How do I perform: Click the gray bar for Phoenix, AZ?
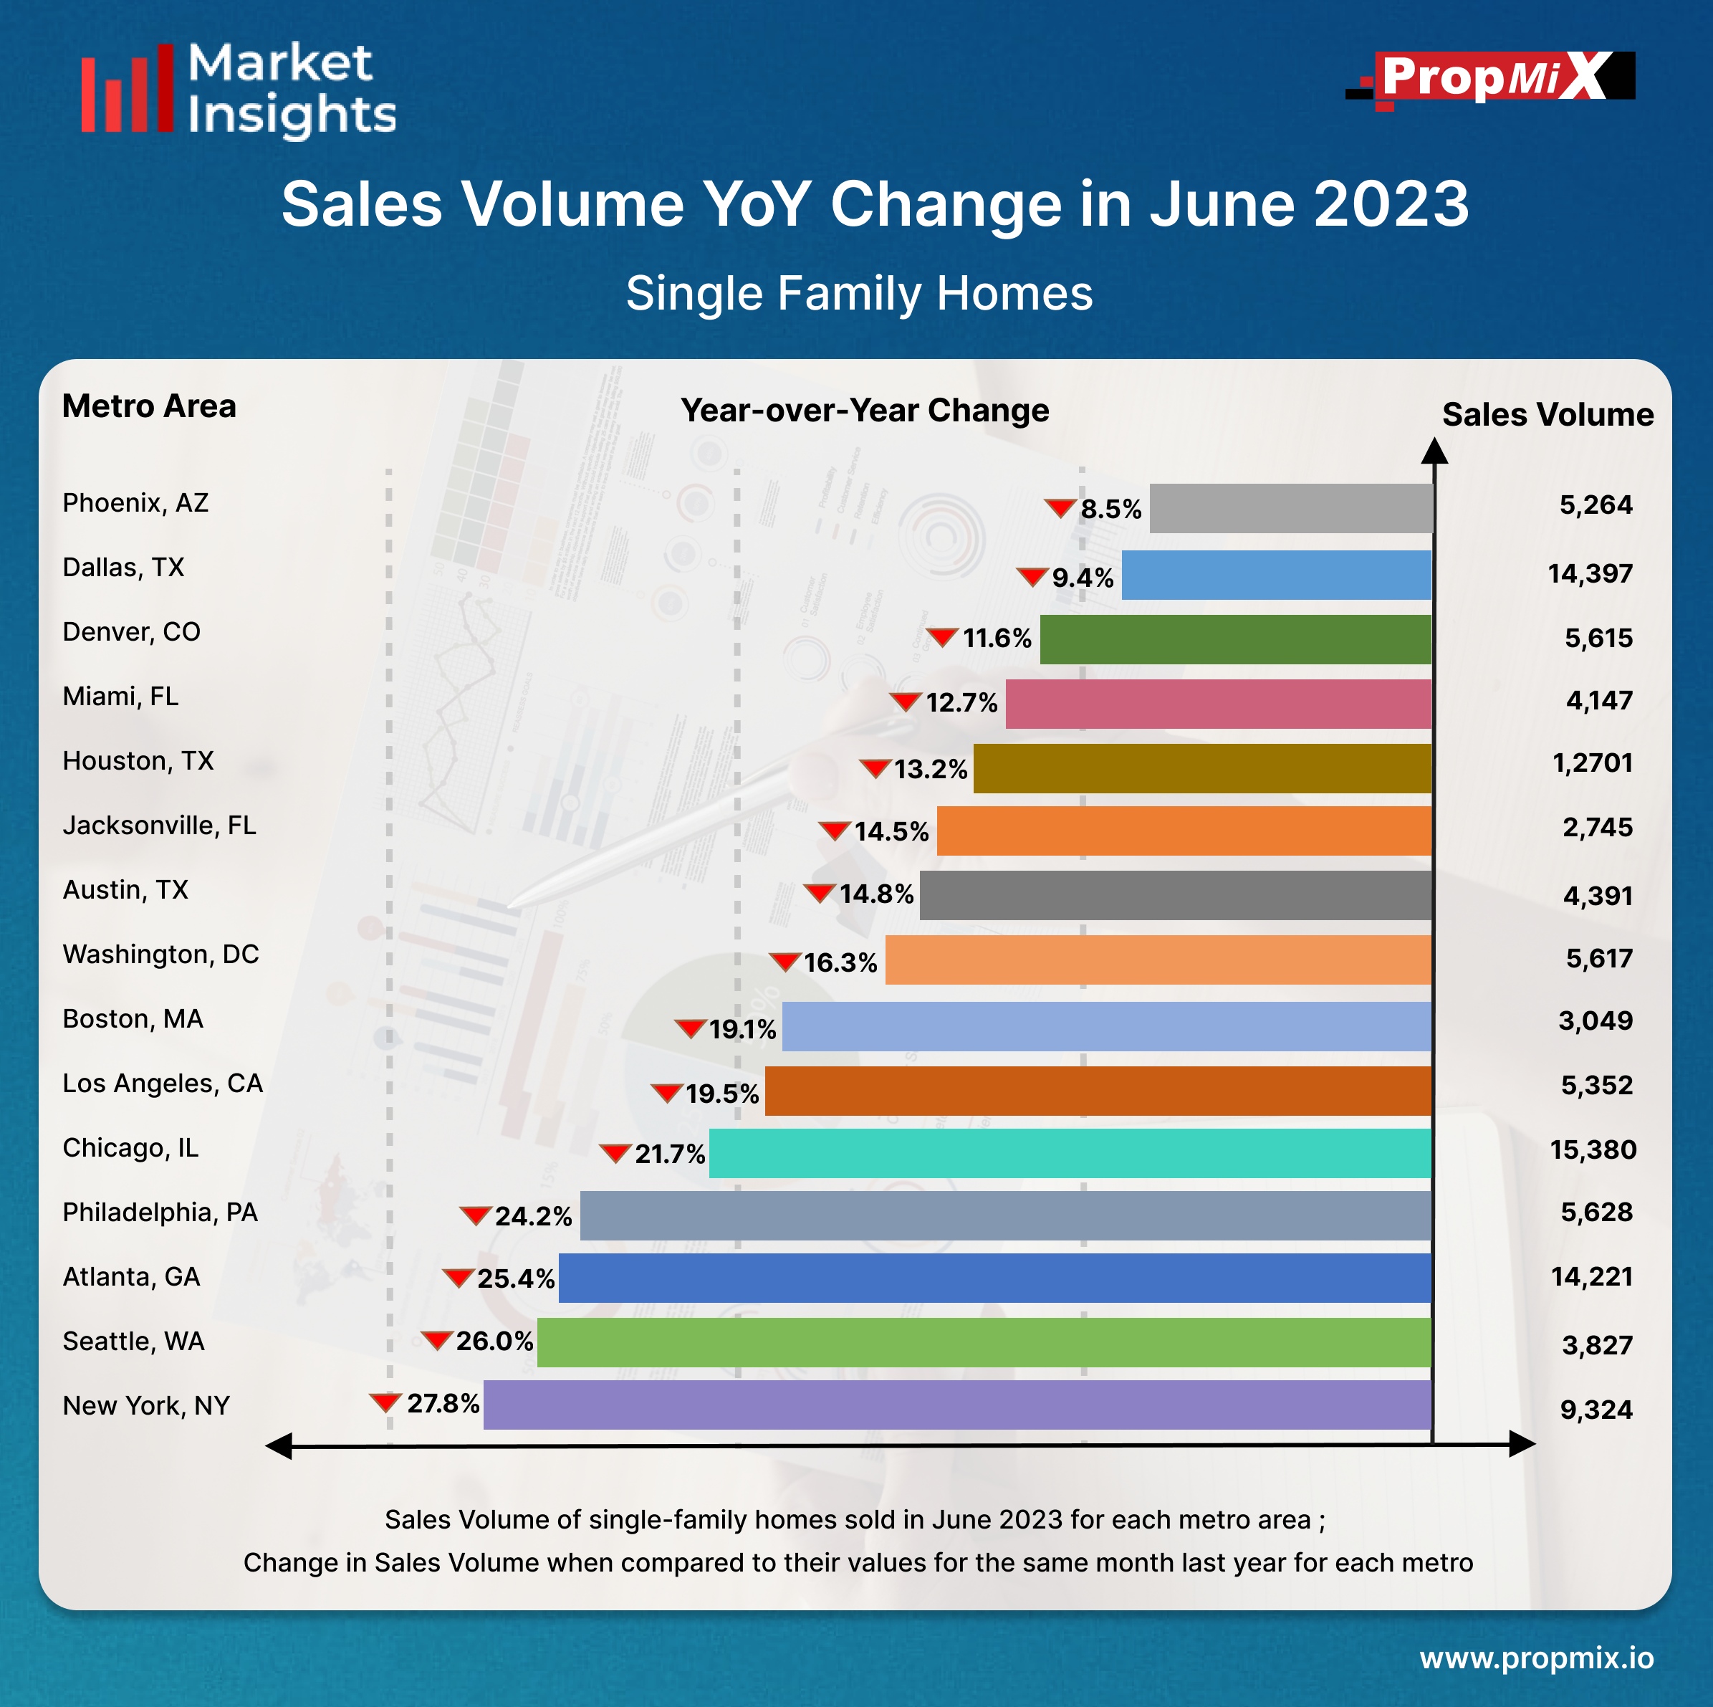click(1290, 508)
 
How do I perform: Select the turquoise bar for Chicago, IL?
click(1070, 1153)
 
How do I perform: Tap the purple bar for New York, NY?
click(956, 1405)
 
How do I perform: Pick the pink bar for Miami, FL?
click(1217, 704)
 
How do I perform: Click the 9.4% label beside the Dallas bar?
click(1082, 578)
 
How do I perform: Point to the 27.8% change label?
click(443, 1404)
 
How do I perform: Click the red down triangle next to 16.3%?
click(784, 961)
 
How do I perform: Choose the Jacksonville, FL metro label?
click(159, 826)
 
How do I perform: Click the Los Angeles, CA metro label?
click(162, 1084)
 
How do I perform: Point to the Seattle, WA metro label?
click(133, 1342)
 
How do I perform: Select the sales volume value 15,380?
click(1593, 1150)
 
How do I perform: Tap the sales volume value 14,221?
click(1591, 1277)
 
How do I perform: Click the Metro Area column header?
click(149, 406)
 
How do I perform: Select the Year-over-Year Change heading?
click(865, 411)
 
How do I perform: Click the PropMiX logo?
click(1492, 78)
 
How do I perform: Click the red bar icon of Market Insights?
click(127, 90)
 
